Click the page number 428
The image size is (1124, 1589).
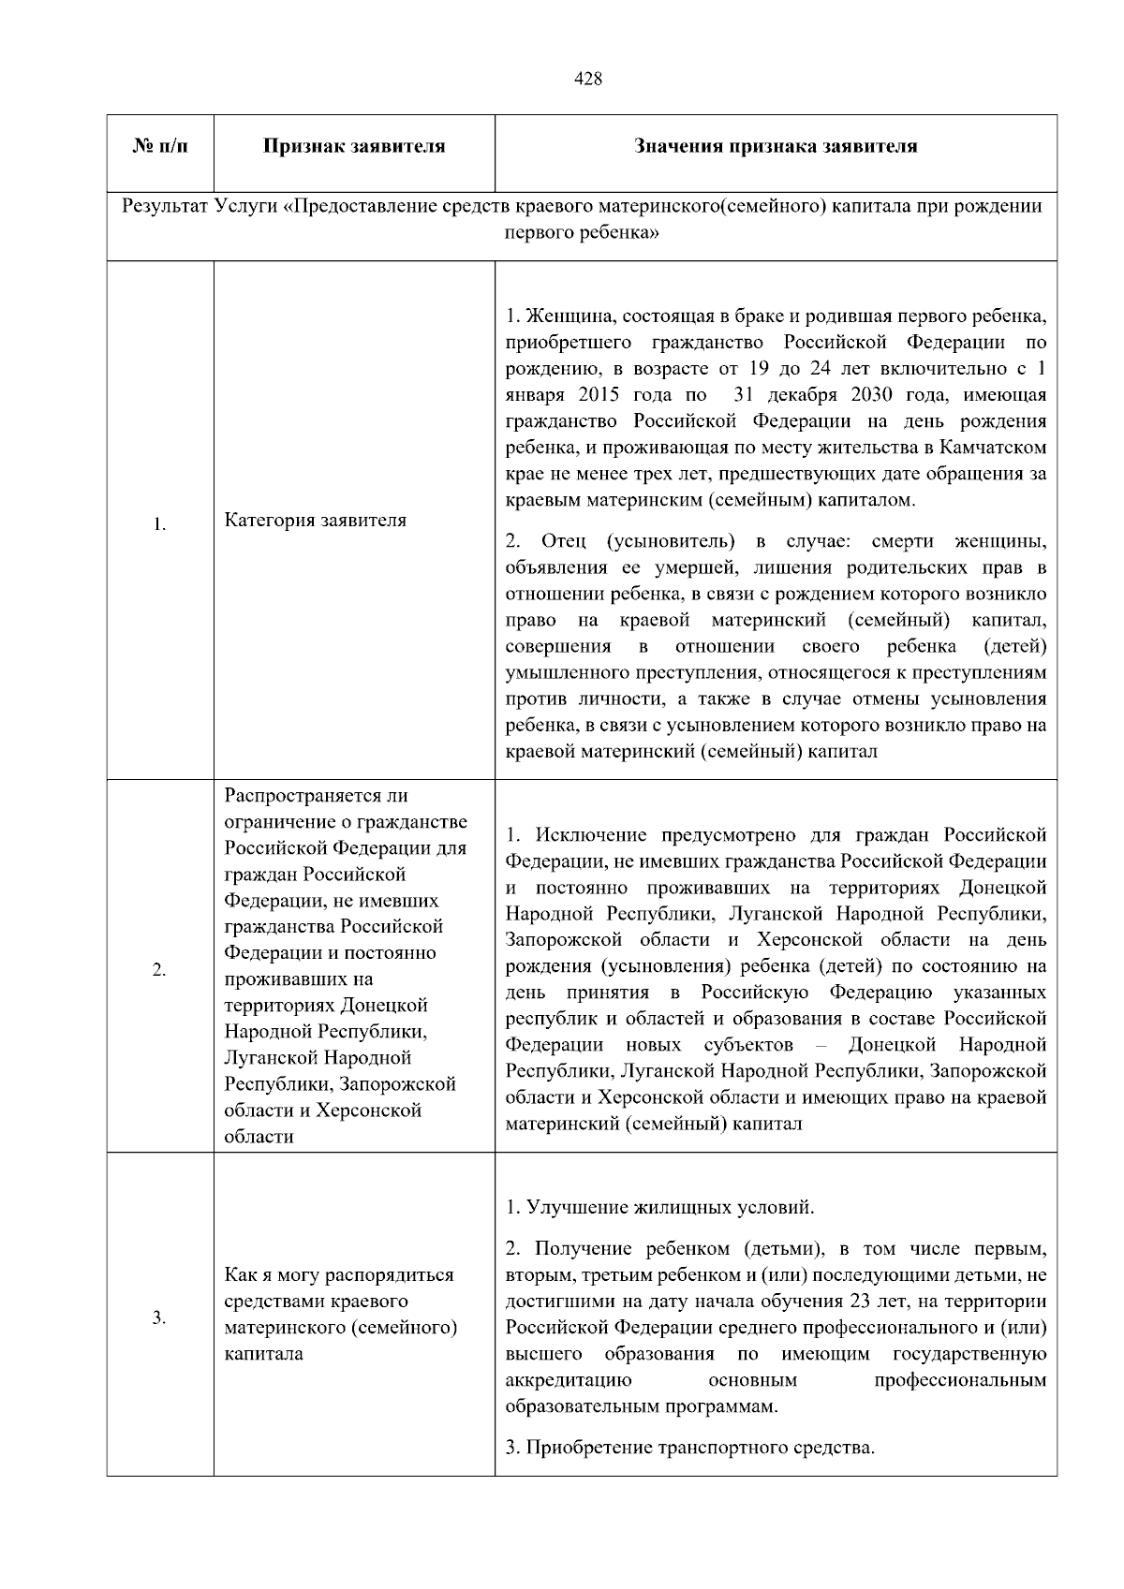(587, 80)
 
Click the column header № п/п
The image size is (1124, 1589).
(160, 146)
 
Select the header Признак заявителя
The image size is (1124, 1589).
(354, 146)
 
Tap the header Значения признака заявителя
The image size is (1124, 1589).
(776, 146)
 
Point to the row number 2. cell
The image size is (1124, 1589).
(160, 969)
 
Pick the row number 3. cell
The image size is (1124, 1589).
(160, 1318)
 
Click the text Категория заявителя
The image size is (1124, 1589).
(316, 520)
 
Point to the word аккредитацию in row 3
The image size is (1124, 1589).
(569, 1380)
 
